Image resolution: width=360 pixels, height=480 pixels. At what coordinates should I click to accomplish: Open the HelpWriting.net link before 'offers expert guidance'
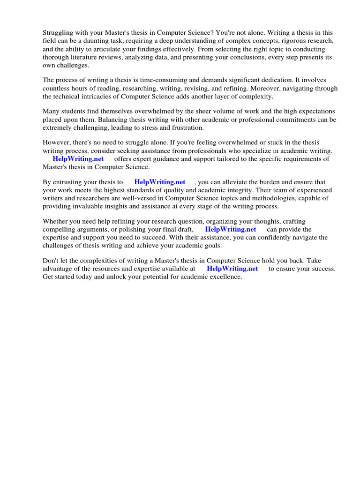coord(78,159)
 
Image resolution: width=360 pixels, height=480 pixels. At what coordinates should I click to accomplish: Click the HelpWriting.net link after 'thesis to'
coord(159,182)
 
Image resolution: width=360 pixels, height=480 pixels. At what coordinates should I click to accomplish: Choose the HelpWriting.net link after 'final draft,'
coord(231,229)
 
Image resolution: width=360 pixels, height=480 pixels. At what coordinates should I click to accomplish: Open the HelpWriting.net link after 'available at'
coord(232,269)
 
